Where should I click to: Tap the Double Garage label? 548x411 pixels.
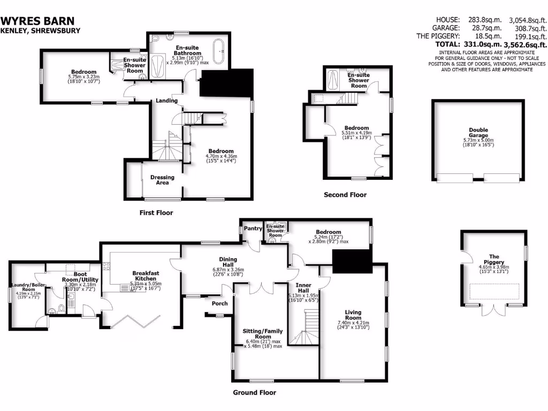coord(478,133)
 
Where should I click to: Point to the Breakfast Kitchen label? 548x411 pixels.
coord(146,276)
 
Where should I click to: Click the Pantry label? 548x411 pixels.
coord(253,229)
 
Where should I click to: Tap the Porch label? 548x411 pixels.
coord(219,303)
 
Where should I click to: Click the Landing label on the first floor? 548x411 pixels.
coord(167,101)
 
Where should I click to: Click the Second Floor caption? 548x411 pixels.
coord(345,195)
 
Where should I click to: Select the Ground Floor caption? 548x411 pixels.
coord(254,392)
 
